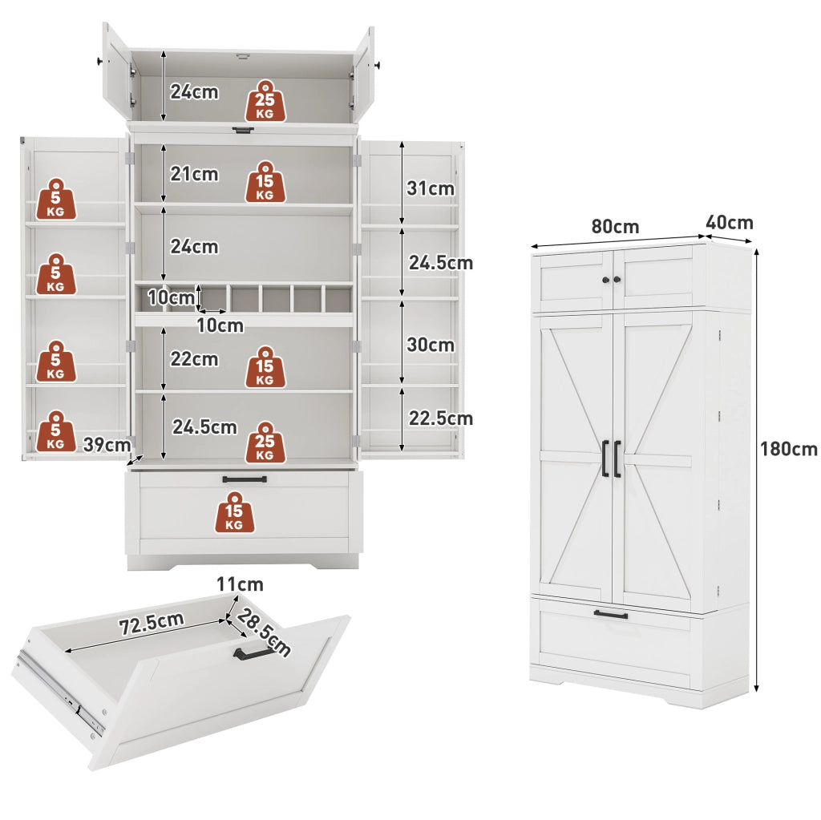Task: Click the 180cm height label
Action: pos(789,449)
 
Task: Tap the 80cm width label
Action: pos(615,227)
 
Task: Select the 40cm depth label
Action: pos(730,223)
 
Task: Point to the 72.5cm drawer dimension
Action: pos(152,623)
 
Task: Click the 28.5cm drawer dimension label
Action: pos(263,632)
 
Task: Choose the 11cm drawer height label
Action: pos(241,584)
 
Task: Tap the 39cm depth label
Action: pos(107,445)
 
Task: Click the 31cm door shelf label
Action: pos(431,188)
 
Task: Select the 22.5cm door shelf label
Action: pos(441,418)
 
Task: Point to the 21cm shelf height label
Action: pos(194,174)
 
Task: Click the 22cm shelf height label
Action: pos(194,359)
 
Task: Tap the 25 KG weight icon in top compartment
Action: pos(265,101)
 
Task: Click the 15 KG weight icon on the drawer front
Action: pos(235,512)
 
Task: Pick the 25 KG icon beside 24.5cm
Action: pos(265,442)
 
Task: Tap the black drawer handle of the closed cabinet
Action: pos(611,614)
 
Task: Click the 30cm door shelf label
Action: pos(431,345)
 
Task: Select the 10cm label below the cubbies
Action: pos(220,325)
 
